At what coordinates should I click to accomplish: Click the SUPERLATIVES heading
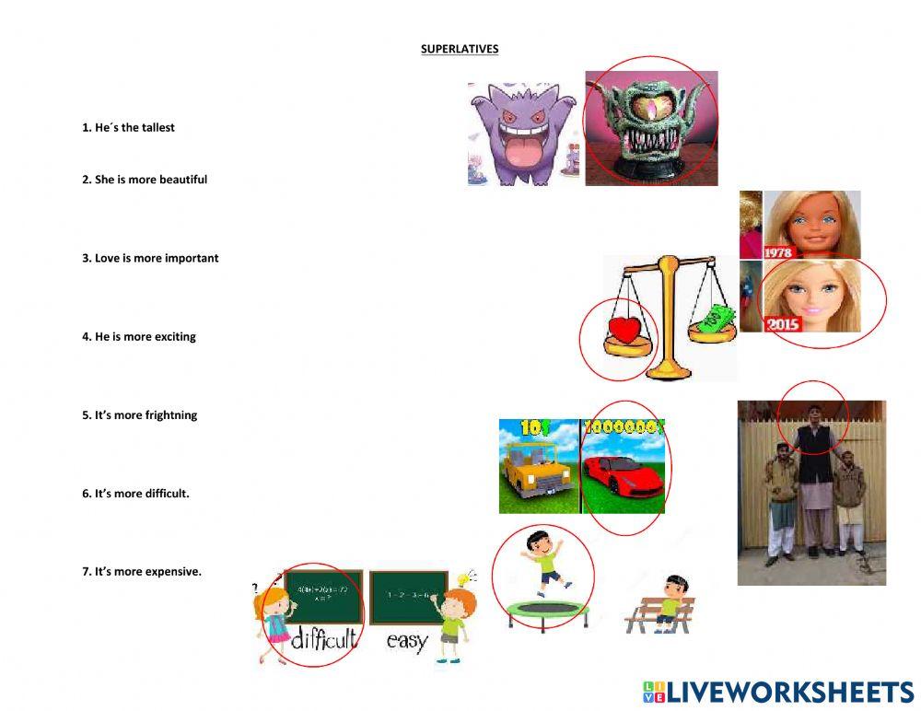point(460,49)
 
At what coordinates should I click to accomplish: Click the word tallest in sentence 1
point(156,128)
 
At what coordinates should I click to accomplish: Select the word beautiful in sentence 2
point(183,180)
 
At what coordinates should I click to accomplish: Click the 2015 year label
point(783,324)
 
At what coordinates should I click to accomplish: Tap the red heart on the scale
point(626,331)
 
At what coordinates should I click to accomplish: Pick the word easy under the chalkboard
point(407,640)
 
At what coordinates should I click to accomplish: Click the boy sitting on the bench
point(672,599)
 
